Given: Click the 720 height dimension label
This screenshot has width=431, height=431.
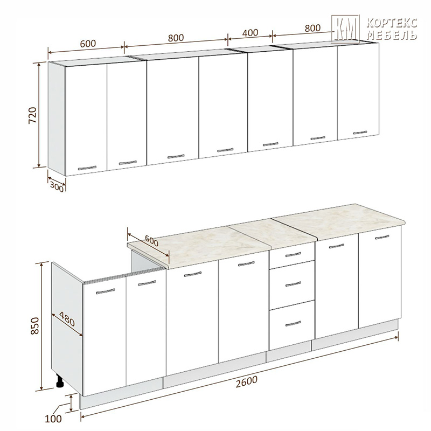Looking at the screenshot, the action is (32, 115).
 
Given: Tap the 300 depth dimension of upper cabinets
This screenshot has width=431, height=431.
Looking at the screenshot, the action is (57, 187).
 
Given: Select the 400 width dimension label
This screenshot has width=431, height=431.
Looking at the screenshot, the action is (250, 33).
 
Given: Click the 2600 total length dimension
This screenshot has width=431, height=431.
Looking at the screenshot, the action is (247, 381).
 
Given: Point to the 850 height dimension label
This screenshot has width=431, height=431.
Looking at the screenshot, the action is (35, 326).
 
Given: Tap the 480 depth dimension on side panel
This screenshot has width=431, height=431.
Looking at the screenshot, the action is (67, 319).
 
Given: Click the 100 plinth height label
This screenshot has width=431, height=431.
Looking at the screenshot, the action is (53, 419).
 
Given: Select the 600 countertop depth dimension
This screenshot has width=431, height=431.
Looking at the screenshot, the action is (151, 241).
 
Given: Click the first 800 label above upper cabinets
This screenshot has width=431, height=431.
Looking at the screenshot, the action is (176, 38).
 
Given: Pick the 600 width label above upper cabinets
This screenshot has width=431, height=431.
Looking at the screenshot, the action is (88, 44).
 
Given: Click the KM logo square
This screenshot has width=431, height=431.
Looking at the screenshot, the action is (345, 29).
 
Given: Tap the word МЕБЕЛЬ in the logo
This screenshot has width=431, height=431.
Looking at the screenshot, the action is (392, 35).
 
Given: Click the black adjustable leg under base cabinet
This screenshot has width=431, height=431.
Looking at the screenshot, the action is (59, 381).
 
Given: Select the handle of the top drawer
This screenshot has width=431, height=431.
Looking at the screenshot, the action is (293, 254).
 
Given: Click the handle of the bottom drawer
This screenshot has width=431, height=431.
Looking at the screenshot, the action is (293, 324).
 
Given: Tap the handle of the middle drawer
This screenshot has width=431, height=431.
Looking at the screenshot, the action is (293, 284).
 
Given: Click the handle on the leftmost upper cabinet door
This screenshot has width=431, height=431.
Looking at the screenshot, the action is (87, 168).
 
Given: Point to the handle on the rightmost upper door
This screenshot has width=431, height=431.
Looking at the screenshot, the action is (360, 133).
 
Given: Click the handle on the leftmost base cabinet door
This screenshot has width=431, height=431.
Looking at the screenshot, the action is (106, 291).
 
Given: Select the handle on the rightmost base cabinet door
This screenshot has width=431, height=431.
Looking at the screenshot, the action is (382, 237).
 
